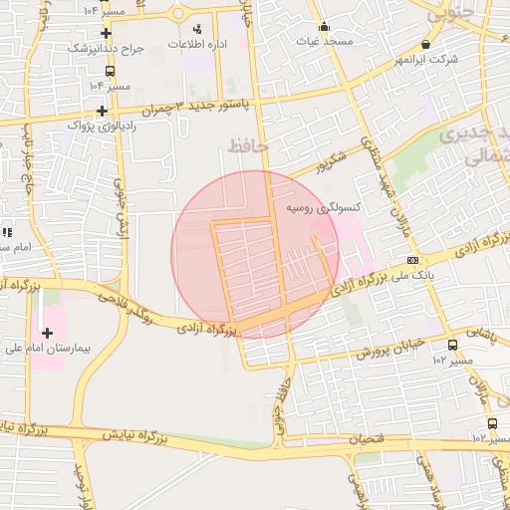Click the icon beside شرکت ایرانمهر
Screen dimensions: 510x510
click(426, 44)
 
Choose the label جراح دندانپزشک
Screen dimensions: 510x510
click(107, 48)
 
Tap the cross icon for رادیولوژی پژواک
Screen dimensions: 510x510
click(102, 110)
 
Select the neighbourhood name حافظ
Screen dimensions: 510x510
click(249, 146)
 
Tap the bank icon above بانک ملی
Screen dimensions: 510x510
click(412, 260)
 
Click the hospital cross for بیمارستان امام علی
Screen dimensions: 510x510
click(47, 333)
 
